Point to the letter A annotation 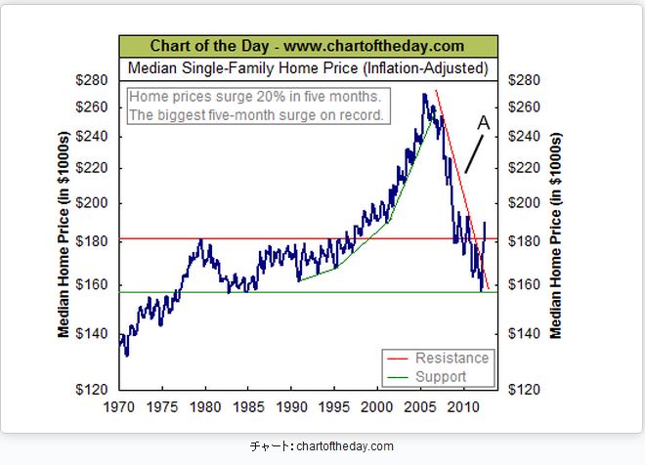(x=483, y=123)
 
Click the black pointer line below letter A (x=476, y=154)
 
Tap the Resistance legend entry (x=451, y=359)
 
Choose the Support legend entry (x=441, y=377)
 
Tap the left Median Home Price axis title (x=64, y=234)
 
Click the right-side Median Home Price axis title (x=557, y=234)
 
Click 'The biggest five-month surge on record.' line (x=257, y=115)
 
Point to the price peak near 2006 (x=424, y=95)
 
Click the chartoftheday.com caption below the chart (x=322, y=446)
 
